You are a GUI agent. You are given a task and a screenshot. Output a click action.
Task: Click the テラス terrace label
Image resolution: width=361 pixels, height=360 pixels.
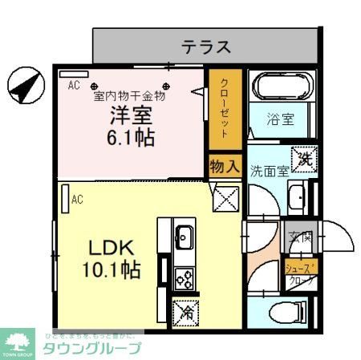pos(206,47)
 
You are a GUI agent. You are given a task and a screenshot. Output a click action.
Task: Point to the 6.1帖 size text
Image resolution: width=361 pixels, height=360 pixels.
pos(130,136)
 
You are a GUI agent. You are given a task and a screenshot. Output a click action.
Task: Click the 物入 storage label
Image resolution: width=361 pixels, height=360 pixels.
pos(225,167)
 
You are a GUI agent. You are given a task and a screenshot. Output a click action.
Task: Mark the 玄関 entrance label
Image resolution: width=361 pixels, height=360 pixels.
pos(302,237)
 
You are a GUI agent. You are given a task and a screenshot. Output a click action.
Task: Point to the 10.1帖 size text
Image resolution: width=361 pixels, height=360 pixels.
pos(110,270)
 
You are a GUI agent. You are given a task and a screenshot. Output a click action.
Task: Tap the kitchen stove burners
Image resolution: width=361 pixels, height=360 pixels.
pos(184,277)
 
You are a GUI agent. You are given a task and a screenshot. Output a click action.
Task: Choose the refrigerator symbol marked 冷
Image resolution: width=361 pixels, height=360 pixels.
pos(184,309)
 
